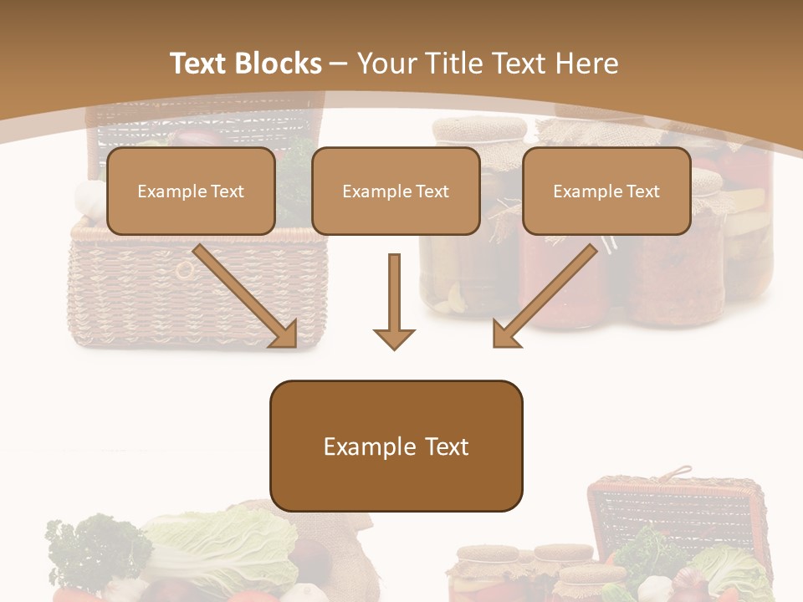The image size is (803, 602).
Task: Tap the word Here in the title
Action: click(589, 64)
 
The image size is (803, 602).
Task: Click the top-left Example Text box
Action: click(191, 191)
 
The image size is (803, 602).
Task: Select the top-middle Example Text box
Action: click(396, 191)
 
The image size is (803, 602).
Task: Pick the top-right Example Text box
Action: click(606, 191)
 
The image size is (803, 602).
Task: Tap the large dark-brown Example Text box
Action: click(396, 446)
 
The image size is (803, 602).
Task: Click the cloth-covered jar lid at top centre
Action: click(479, 130)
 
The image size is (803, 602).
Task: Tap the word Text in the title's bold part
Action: click(198, 64)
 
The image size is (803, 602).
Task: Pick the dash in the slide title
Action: click(340, 64)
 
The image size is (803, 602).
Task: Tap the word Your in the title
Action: click(386, 64)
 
